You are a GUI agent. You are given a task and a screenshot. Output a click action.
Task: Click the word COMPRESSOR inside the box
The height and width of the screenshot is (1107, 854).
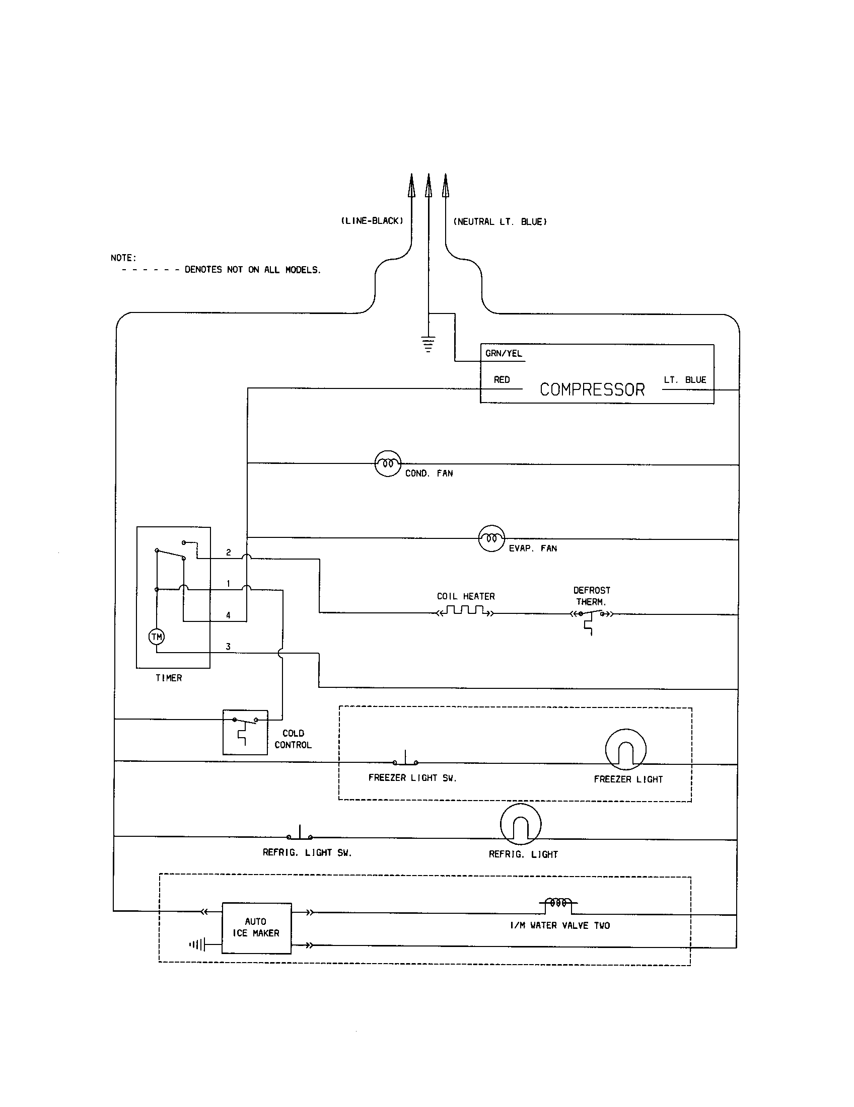click(x=592, y=389)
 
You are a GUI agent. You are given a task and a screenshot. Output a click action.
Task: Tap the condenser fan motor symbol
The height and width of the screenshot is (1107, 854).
click(x=387, y=463)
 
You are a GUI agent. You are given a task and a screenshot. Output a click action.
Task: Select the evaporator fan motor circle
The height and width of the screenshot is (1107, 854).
click(x=491, y=538)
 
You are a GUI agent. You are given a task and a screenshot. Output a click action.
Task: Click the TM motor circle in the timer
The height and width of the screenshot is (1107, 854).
click(x=156, y=637)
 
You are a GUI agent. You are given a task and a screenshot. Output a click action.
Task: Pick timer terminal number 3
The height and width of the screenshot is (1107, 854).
click(x=228, y=646)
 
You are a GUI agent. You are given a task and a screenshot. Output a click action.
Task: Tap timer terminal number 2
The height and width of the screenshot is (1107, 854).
click(x=228, y=552)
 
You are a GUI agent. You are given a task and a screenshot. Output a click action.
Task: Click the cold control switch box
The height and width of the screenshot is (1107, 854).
click(x=245, y=732)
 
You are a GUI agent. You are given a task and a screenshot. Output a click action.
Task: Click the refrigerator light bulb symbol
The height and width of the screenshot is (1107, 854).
click(x=520, y=824)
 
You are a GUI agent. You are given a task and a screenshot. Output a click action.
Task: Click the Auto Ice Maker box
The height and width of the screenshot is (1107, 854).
click(x=257, y=927)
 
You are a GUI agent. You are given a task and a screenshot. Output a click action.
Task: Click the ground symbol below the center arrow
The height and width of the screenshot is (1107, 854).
click(x=429, y=344)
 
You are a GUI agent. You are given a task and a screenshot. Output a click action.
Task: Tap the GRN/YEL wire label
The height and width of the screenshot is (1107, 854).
click(x=503, y=353)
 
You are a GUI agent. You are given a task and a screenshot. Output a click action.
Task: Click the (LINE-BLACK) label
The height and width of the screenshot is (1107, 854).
click(x=372, y=221)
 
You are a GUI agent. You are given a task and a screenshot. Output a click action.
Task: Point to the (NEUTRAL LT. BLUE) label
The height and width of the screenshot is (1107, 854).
click(x=500, y=221)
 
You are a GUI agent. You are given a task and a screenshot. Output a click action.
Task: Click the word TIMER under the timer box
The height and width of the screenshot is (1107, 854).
click(x=168, y=678)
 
